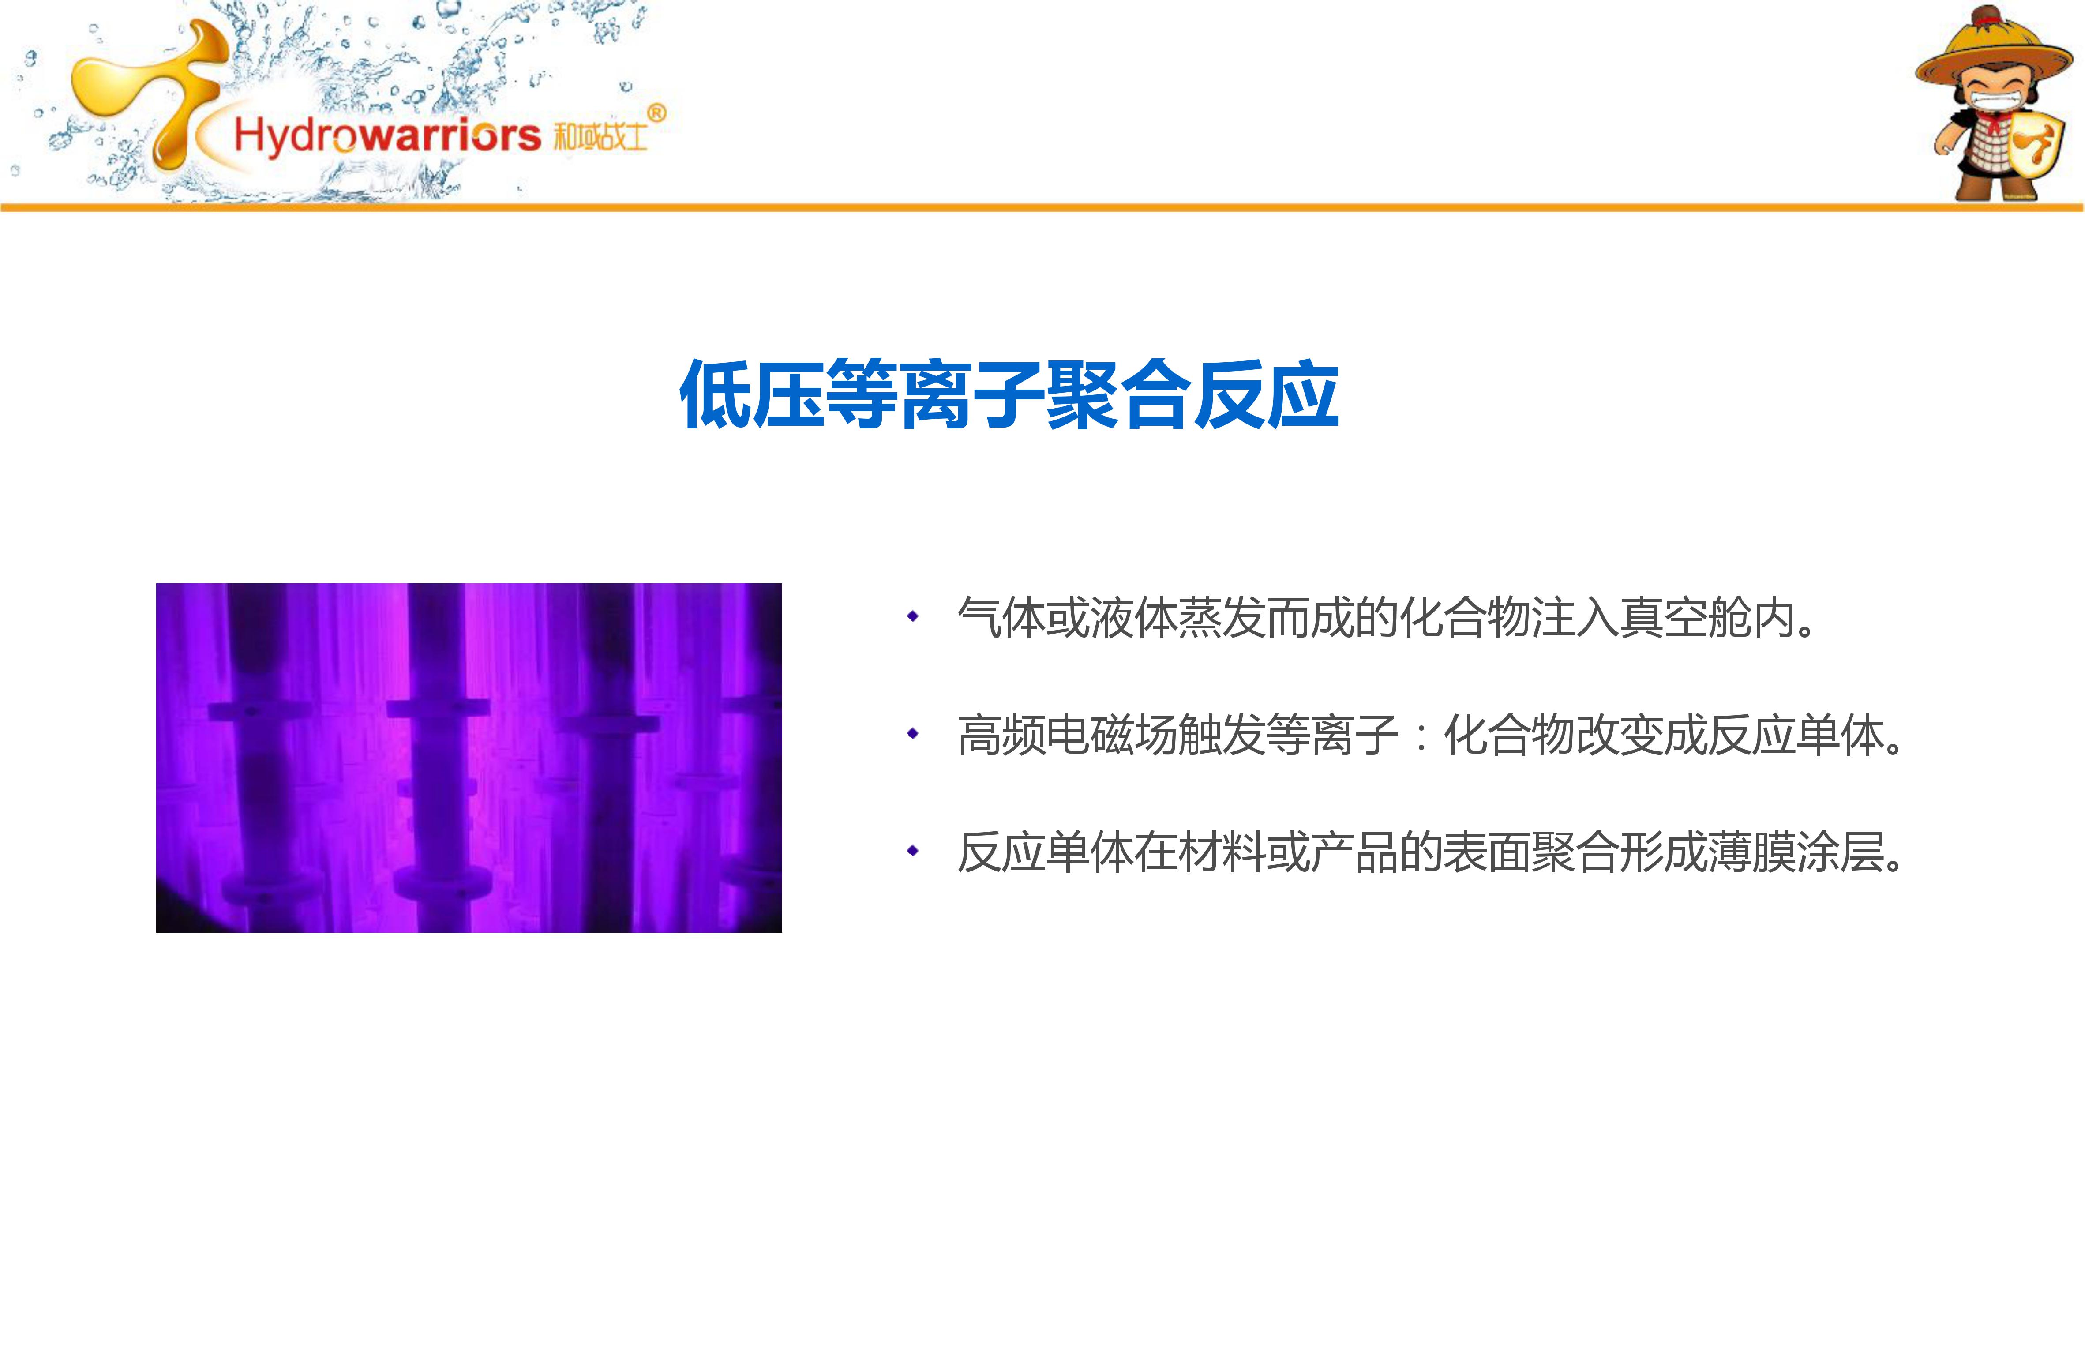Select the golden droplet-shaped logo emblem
point(149,92)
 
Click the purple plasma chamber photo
point(469,758)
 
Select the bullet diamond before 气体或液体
point(913,617)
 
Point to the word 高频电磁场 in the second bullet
point(1067,735)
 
